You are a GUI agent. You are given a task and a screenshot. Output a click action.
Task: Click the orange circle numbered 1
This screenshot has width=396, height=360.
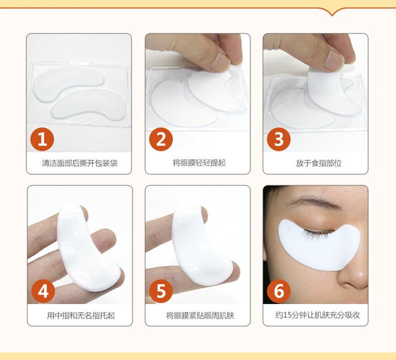coord(42,139)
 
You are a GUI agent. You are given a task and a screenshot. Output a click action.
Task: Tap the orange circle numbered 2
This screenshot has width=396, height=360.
coord(161,139)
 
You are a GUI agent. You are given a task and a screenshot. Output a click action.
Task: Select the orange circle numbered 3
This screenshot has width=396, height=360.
coord(279,139)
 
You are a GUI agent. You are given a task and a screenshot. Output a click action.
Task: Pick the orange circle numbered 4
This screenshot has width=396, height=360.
coord(43,291)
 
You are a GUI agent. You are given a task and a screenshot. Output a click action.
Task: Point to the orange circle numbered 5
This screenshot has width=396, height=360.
coord(161,291)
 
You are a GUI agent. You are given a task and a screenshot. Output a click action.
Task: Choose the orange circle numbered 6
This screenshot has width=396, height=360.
coord(279,291)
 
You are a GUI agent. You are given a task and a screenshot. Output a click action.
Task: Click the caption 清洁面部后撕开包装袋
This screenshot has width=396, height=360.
coord(80,163)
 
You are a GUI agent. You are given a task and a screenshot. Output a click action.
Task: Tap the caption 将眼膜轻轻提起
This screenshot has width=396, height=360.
coord(199,163)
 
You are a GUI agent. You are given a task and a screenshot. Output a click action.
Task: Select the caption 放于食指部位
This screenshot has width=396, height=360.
coord(319,163)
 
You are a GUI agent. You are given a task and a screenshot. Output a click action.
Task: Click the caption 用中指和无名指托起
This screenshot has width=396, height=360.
coord(81,315)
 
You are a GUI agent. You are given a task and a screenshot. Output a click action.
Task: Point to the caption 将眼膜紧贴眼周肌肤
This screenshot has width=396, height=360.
coord(200,315)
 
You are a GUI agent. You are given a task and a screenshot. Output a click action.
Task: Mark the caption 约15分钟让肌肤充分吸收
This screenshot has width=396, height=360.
coord(317,315)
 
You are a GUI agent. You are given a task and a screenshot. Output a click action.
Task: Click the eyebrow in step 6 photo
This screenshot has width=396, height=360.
coord(313,202)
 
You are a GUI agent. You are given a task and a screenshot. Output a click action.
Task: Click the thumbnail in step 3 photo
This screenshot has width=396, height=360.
coord(334,61)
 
